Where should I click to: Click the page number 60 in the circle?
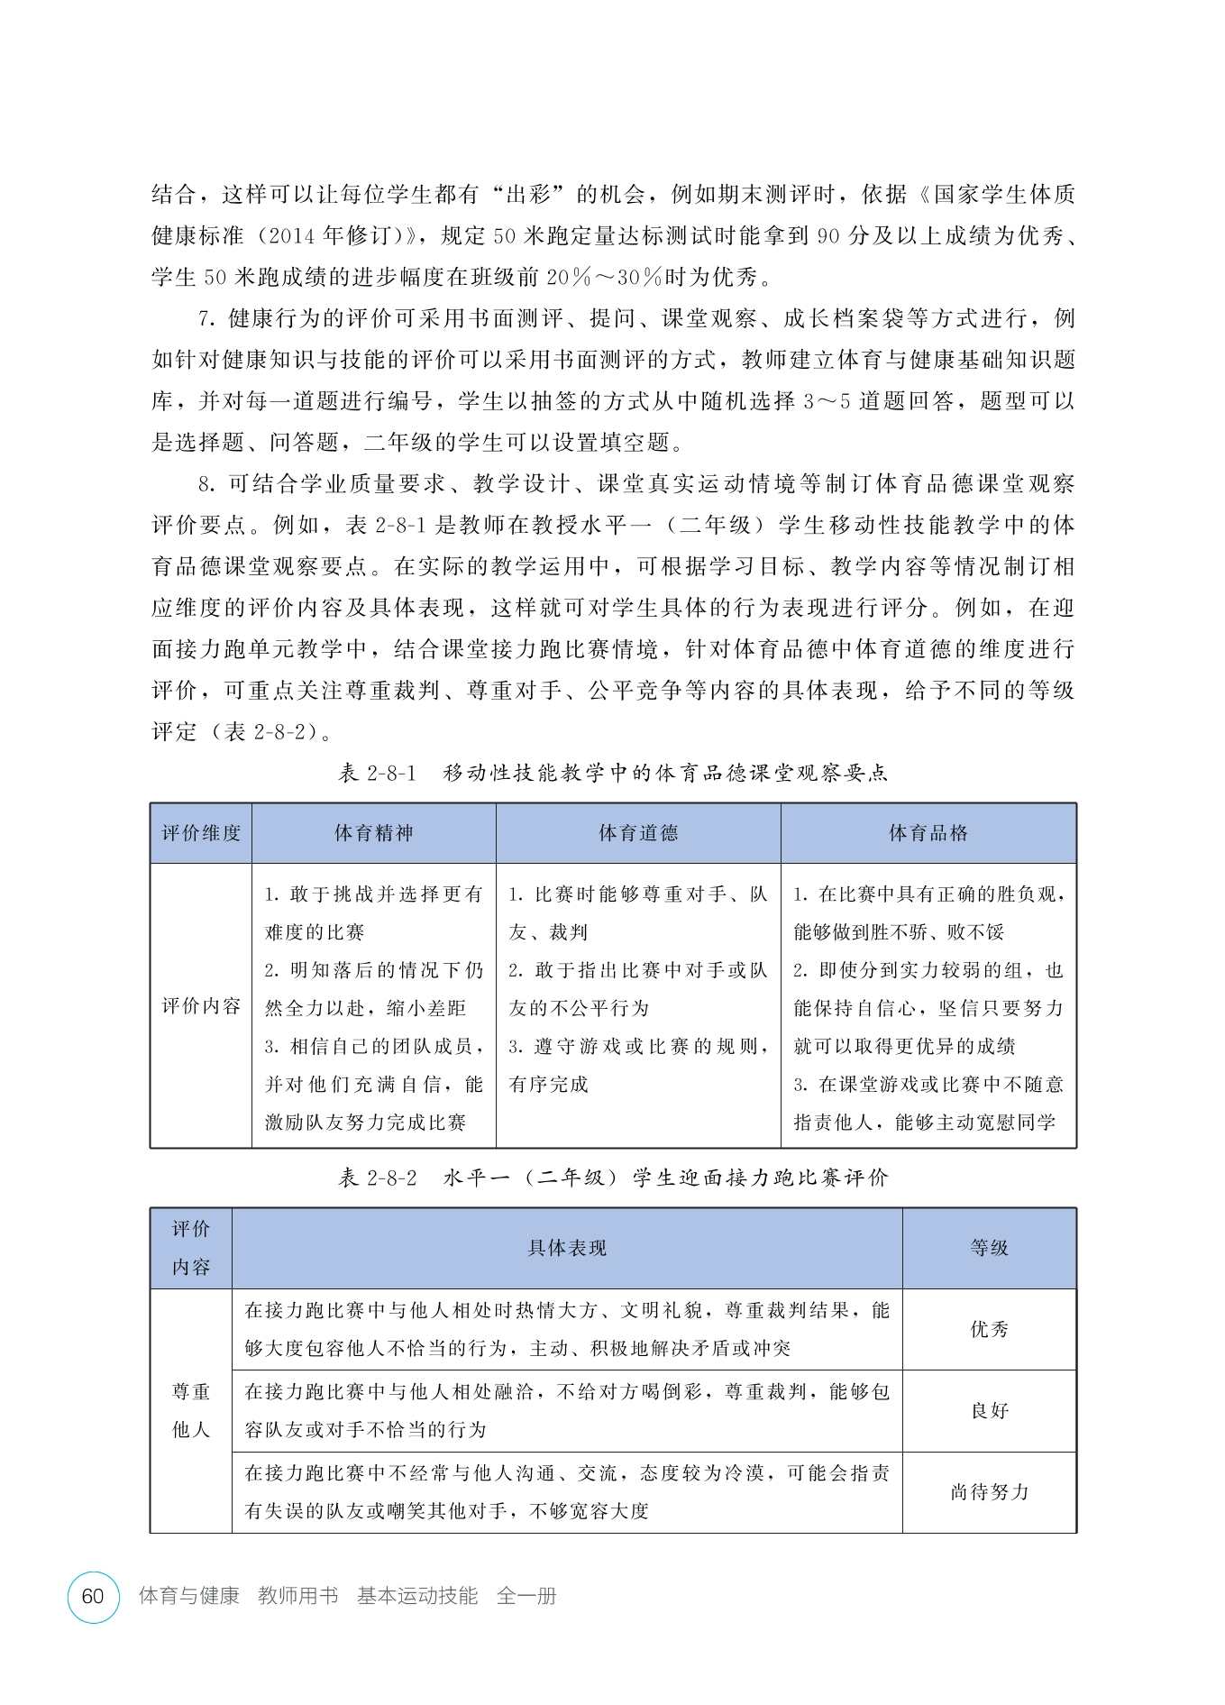coord(93,1596)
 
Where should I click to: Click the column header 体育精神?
coord(373,833)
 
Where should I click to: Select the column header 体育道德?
coord(638,833)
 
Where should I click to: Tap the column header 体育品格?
coord(928,833)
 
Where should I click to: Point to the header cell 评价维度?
coord(201,833)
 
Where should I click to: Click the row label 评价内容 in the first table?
coord(201,1006)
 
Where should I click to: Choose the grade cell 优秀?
coord(989,1329)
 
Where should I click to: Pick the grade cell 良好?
coord(989,1410)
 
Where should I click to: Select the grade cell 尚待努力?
coord(989,1492)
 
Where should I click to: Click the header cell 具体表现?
coord(567,1248)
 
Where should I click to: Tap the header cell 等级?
coord(989,1248)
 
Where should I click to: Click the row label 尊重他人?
coord(191,1410)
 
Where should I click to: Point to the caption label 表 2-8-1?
coord(377,773)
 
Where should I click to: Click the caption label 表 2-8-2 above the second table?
coord(377,1178)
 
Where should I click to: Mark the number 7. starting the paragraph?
coord(206,319)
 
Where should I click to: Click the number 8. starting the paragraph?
coord(206,484)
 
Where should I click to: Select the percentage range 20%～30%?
coord(606,278)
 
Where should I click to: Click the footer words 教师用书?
coord(297,1596)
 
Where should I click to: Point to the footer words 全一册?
coord(526,1596)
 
